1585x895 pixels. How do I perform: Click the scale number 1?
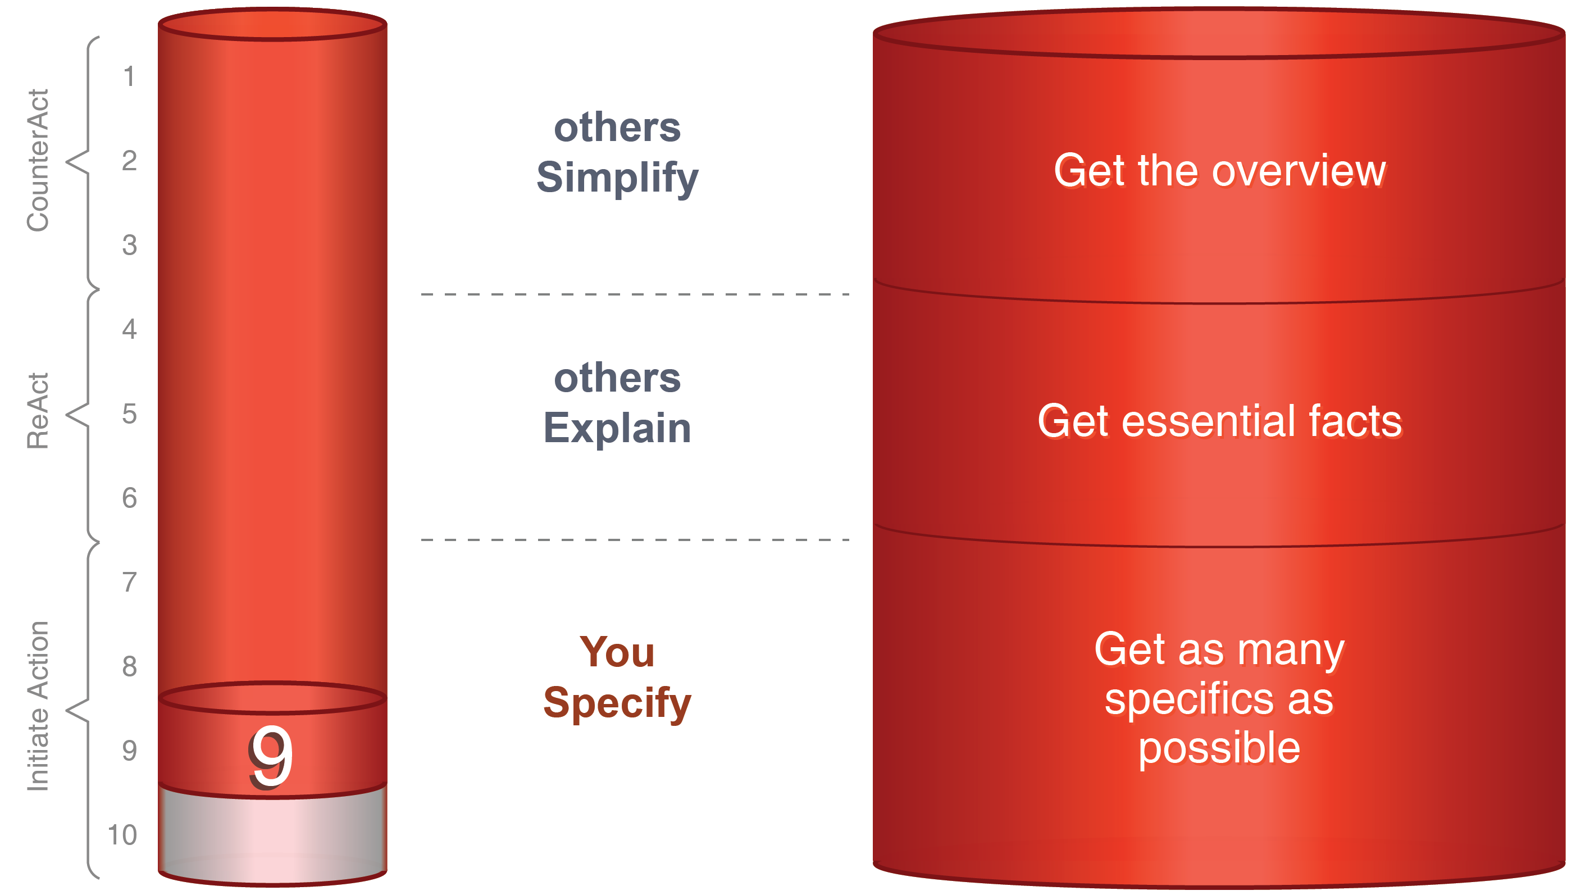129,77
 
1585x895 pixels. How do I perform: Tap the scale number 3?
129,245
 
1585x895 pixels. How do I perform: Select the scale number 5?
129,414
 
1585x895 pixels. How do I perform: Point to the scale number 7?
129,582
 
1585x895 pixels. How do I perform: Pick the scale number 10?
122,835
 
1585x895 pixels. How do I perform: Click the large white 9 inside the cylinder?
271,757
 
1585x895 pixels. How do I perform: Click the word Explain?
617,428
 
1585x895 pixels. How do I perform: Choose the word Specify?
617,703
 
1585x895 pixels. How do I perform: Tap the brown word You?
617,652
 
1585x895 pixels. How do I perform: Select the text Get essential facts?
1219,421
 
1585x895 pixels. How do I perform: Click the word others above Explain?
617,378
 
